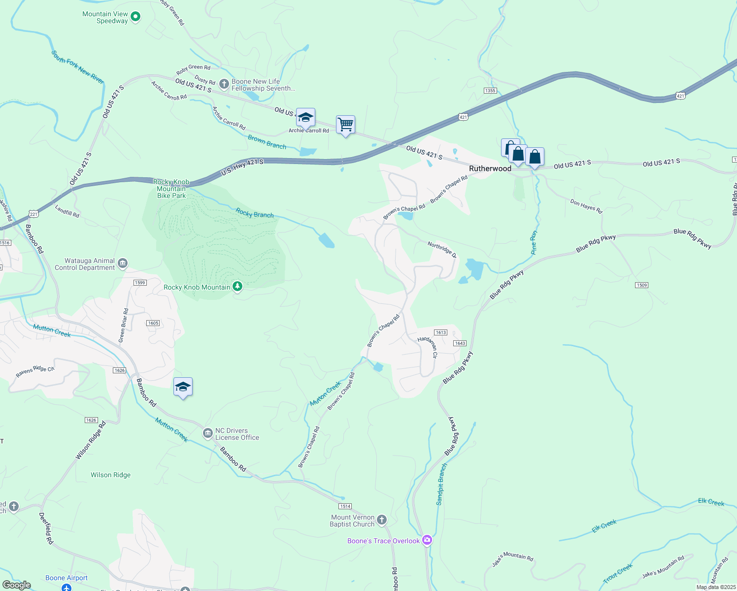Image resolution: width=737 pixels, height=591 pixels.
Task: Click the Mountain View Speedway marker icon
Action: click(x=135, y=17)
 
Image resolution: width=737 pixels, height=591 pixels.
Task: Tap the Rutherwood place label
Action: click(x=490, y=168)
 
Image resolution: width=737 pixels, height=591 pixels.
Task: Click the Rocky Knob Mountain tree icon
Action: click(x=237, y=287)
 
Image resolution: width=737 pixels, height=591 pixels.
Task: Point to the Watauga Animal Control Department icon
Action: click(x=123, y=264)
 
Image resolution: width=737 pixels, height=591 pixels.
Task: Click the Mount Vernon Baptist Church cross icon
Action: click(x=382, y=521)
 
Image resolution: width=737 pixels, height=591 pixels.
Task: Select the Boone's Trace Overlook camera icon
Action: click(x=427, y=540)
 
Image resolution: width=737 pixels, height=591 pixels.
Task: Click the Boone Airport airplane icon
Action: click(x=67, y=588)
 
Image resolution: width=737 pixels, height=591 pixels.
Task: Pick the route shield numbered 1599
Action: click(x=140, y=283)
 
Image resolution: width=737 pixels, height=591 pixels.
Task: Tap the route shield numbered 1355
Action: click(x=490, y=91)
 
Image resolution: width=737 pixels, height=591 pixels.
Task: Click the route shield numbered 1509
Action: click(x=641, y=285)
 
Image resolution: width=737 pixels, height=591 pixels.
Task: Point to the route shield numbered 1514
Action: click(x=345, y=506)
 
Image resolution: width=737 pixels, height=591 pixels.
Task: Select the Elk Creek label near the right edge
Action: click(x=711, y=502)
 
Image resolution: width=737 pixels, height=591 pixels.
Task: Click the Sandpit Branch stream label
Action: click(x=441, y=484)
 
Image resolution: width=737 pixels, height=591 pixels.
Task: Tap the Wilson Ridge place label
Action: click(x=111, y=475)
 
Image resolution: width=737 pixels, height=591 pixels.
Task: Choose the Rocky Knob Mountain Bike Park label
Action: click(x=171, y=189)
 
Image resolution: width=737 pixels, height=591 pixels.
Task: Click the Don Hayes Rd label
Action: click(x=586, y=206)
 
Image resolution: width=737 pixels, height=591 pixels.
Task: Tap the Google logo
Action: click(x=17, y=585)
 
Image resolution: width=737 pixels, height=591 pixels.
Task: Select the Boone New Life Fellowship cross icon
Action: click(x=224, y=84)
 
